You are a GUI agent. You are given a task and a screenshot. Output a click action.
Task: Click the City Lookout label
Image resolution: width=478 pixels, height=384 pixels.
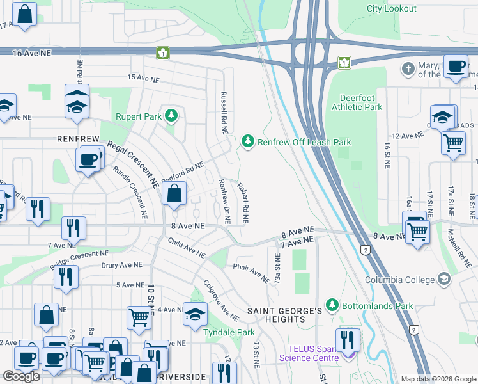click(391, 9)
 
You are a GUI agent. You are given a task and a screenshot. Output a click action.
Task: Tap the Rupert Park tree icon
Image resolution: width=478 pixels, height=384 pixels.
click(171, 116)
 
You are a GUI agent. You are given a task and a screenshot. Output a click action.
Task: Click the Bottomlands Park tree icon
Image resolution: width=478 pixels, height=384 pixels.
click(331, 305)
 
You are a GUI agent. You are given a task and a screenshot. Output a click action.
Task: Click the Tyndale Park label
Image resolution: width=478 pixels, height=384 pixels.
click(229, 332)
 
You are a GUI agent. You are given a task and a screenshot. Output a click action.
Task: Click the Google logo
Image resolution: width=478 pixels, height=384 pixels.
click(21, 376)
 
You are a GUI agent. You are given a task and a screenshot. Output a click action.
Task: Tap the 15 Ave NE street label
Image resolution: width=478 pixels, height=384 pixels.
click(142, 77)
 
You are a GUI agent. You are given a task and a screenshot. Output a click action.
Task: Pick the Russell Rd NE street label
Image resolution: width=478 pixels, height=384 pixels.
click(224, 112)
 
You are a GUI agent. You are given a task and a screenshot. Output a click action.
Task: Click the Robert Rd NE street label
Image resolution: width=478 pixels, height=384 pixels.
click(243, 200)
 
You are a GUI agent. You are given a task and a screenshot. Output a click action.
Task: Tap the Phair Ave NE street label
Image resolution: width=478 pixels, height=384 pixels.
click(251, 274)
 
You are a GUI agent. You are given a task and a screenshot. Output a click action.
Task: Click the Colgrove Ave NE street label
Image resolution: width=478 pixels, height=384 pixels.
click(220, 300)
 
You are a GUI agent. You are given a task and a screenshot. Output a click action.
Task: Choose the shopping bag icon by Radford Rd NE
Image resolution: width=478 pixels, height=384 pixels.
click(174, 193)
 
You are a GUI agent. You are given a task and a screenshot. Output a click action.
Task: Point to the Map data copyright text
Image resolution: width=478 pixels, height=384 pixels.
click(438, 379)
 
